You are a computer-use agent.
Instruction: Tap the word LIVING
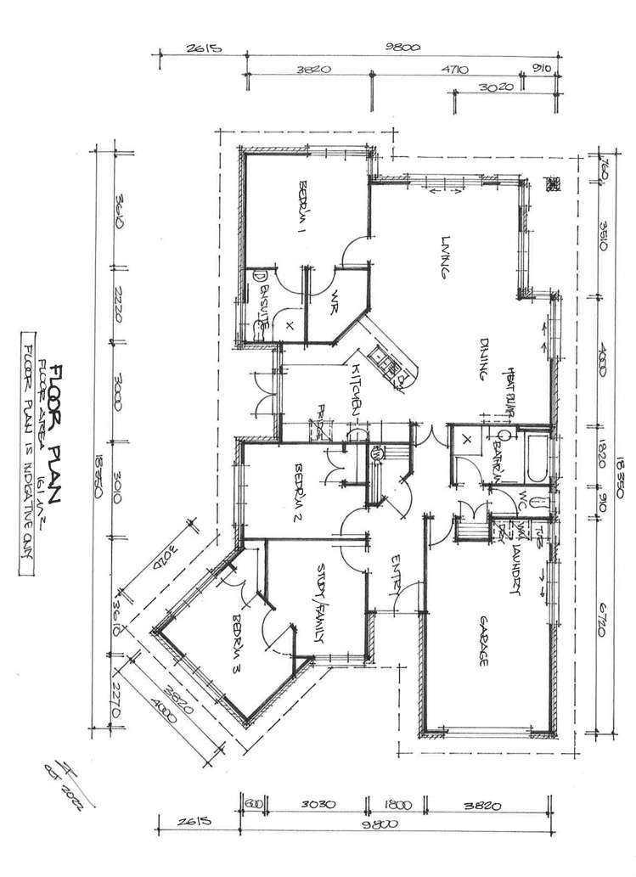coord(442,257)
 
